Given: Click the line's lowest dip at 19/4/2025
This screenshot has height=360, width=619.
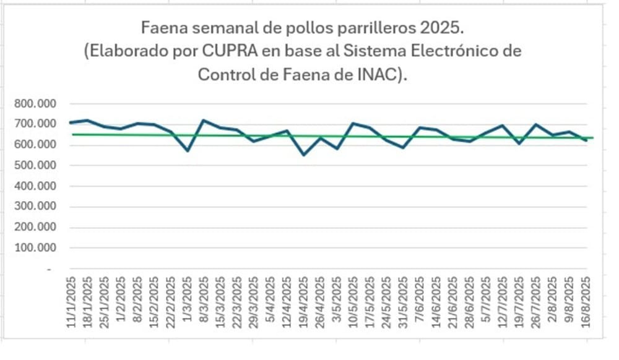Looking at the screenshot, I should point(303,155).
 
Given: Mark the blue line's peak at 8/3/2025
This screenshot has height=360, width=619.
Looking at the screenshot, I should point(204,120).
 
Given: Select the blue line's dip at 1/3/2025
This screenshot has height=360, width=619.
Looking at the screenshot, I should point(187,150).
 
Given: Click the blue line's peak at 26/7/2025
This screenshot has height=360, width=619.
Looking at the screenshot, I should point(537,124).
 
